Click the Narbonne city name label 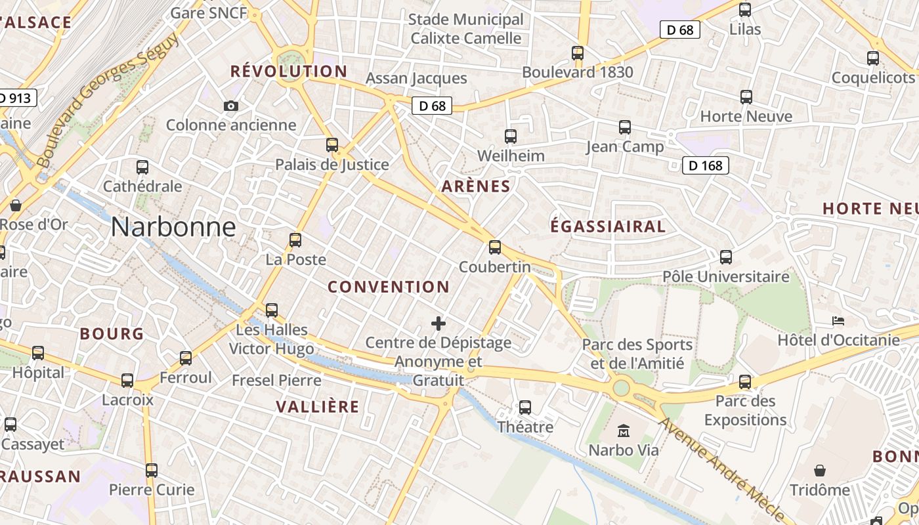point(173,227)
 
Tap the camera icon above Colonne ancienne point(231,106)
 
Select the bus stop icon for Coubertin point(495,247)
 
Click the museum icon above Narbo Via point(624,431)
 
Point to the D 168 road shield point(706,165)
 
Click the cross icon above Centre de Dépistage point(438,323)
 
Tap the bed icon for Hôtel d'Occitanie point(838,321)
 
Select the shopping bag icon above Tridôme point(820,471)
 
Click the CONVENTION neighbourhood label point(389,287)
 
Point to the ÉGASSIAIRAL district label point(608,226)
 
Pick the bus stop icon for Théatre point(525,408)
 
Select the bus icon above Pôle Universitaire point(726,257)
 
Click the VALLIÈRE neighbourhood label point(318,407)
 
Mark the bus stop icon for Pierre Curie point(152,471)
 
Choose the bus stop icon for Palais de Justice point(332,145)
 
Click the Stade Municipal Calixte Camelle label point(466,29)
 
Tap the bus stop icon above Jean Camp point(625,127)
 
